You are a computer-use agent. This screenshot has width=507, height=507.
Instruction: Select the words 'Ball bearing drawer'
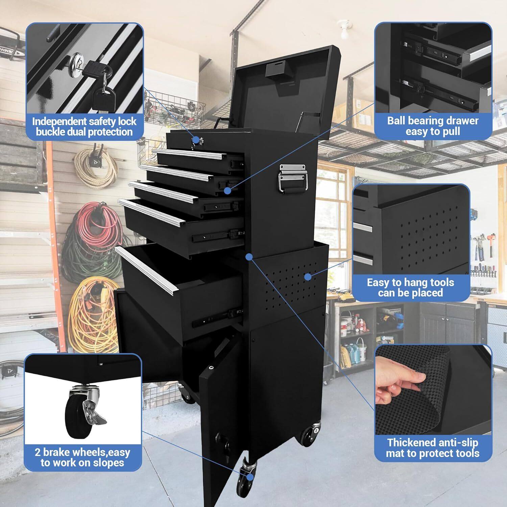pyautogui.click(x=433, y=121)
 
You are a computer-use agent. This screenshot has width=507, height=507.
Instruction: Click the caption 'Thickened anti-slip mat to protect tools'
pyautogui.click(x=433, y=448)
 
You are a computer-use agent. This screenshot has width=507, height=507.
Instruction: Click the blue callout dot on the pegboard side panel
pyautogui.click(x=308, y=277)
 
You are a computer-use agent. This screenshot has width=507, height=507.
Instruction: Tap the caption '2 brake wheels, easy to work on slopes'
pyautogui.click(x=82, y=457)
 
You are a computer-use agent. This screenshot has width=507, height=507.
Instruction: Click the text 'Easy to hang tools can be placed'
pyautogui.click(x=410, y=287)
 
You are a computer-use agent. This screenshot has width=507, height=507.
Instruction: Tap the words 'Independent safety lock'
pyautogui.click(x=84, y=121)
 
